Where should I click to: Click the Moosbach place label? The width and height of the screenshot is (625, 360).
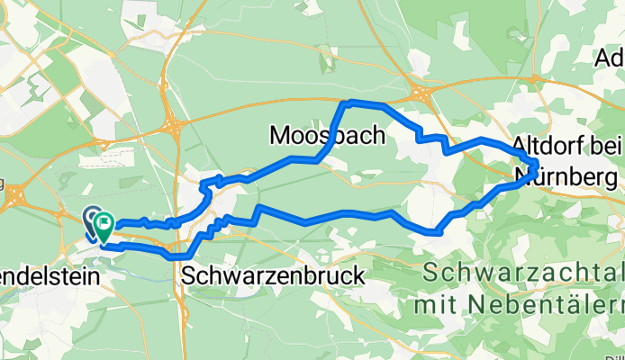click(x=327, y=136)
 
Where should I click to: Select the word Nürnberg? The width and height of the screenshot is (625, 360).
click(x=558, y=174)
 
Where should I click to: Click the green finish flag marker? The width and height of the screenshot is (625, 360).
click(x=104, y=222)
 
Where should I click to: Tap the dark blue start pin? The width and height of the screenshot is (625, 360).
click(x=93, y=218)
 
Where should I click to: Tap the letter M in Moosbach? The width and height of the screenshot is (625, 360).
click(x=280, y=136)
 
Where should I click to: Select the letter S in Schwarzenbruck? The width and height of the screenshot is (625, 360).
click(x=188, y=275)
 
